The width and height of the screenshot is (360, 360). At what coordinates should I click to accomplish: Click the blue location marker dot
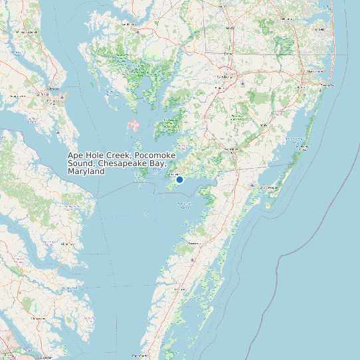(179, 179)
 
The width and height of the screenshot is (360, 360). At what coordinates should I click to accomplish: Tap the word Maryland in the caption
(86, 171)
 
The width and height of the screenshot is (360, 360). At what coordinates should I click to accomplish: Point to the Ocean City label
(325, 85)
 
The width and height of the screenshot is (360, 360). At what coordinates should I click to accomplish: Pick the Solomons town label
(52, 88)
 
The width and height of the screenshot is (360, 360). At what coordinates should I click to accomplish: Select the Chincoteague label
(268, 188)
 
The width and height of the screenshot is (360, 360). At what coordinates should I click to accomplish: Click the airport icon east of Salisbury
(243, 84)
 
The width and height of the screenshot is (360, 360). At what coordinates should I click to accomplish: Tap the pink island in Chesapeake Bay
(134, 125)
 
